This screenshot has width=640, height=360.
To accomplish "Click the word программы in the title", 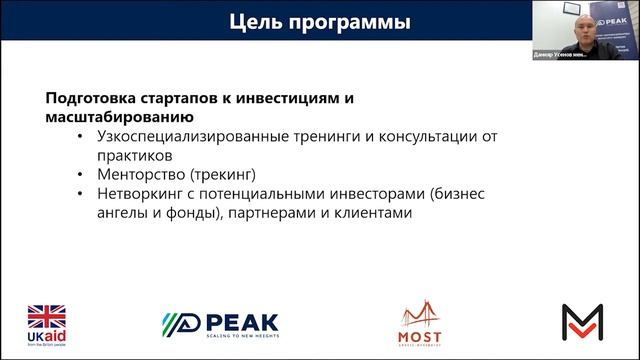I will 346,22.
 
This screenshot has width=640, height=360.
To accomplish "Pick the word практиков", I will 136,155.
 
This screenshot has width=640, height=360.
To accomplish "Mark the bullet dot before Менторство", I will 80,174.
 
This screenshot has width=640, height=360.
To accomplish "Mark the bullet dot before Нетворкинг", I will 80,193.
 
